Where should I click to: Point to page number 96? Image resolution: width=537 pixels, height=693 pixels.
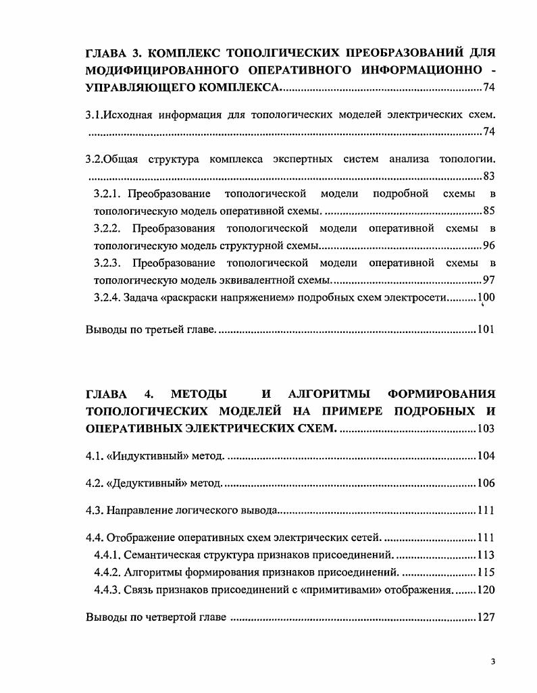point(489,245)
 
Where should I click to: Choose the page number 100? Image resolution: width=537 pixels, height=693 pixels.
point(486,297)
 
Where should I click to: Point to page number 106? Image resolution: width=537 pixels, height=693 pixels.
point(486,484)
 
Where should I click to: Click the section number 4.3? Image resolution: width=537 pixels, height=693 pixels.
point(93,511)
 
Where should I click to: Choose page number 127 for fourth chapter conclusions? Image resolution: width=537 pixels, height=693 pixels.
point(486,618)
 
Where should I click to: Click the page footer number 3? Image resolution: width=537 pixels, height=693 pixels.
point(493,661)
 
